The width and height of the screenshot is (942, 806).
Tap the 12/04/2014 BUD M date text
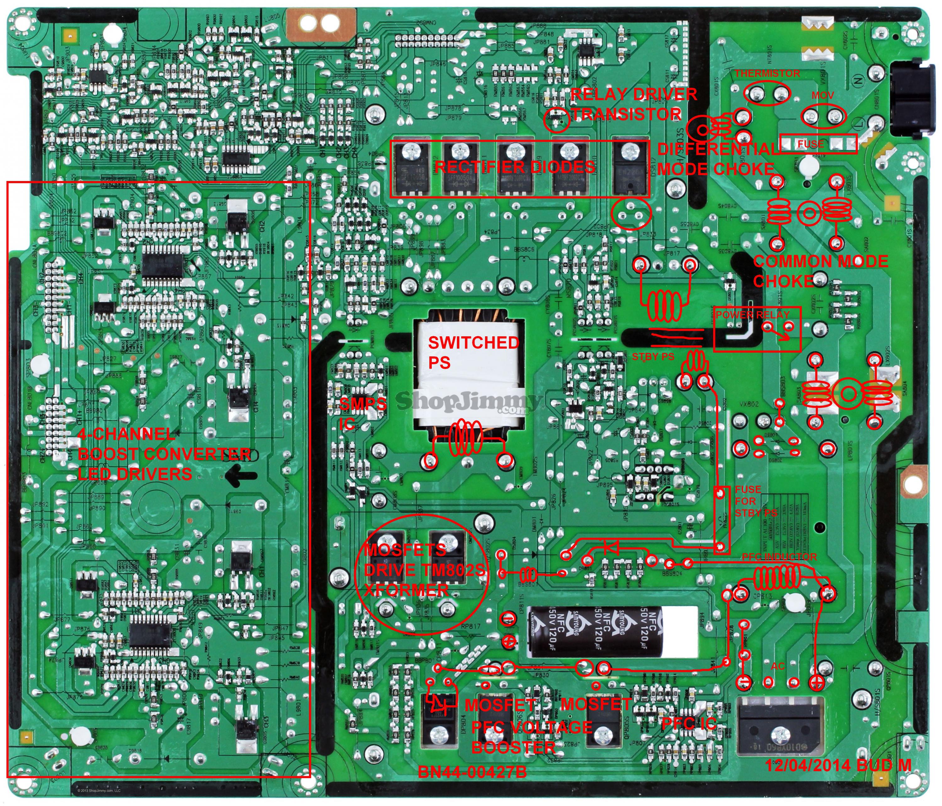click(x=838, y=765)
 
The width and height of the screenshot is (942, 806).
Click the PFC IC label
click(x=689, y=723)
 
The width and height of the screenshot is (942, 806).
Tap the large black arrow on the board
click(x=241, y=476)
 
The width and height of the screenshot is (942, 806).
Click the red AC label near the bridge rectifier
click(x=777, y=666)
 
